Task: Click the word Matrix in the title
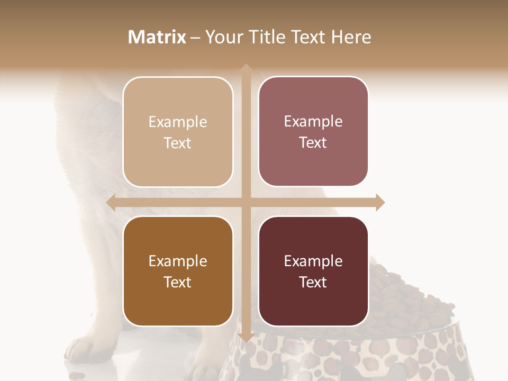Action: pos(157,37)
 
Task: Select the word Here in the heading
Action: pos(351,37)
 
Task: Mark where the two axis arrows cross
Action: pos(246,203)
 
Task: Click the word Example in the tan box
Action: pos(178,122)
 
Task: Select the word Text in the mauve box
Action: pos(313,143)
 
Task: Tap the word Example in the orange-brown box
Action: pos(178,261)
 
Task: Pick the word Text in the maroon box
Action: pos(313,282)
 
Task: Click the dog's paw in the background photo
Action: pos(85,349)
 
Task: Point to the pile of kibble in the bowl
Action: pos(402,296)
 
